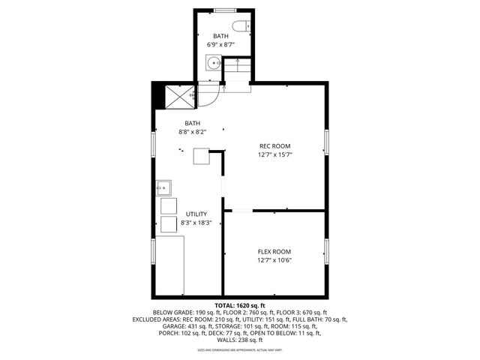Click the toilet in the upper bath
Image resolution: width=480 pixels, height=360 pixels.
(x=241, y=28)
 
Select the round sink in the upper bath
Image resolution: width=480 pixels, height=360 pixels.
(x=214, y=64)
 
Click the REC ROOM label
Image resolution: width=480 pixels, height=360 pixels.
(x=275, y=146)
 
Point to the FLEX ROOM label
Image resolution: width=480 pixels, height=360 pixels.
(x=274, y=252)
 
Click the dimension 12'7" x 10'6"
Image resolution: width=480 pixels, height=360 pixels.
(x=274, y=261)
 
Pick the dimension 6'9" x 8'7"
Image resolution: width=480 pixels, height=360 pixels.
(x=220, y=45)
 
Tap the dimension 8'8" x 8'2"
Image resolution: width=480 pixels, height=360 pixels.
(x=193, y=132)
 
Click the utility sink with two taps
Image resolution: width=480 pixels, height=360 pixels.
(x=164, y=187)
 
